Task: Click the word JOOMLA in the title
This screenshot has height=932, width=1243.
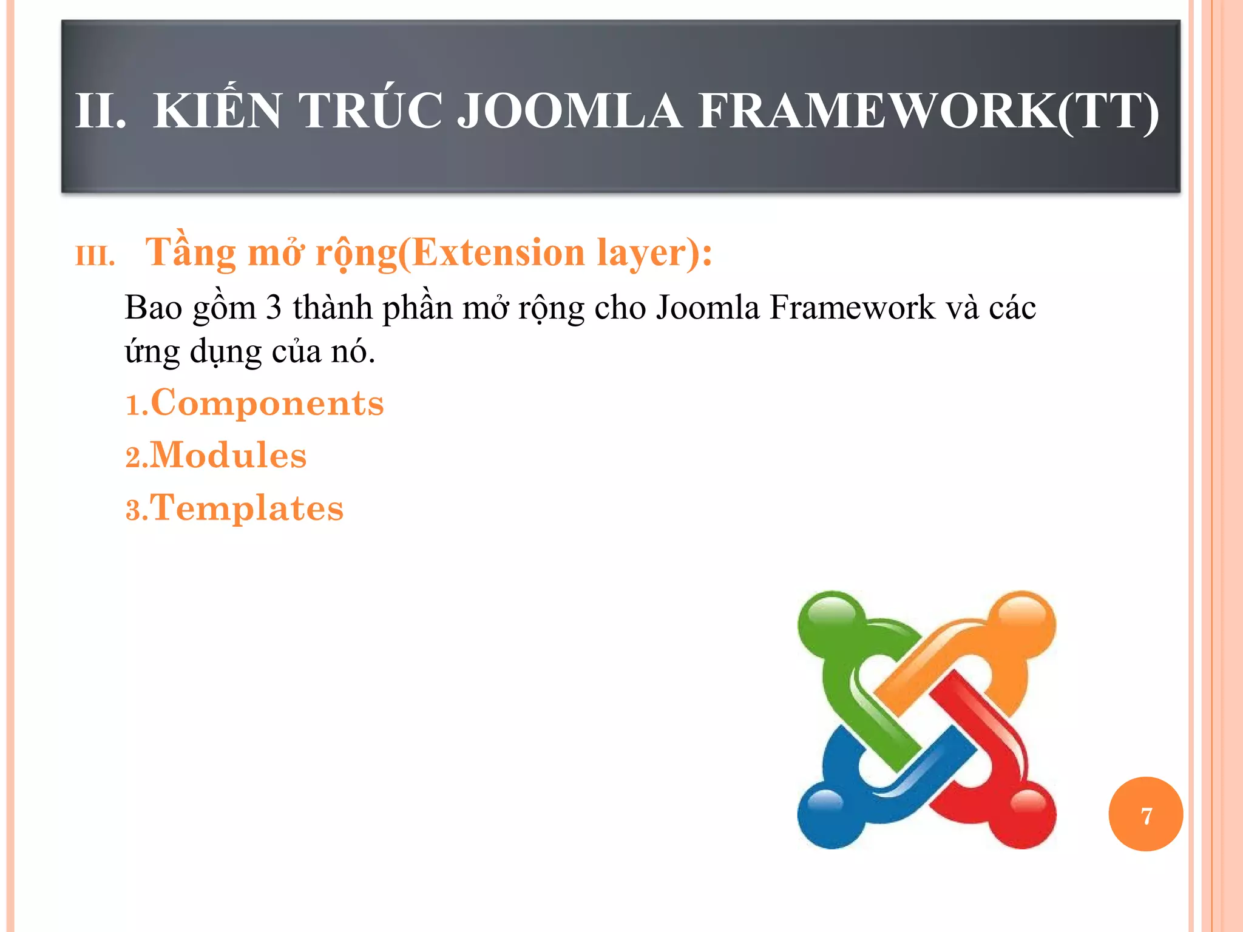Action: [569, 111]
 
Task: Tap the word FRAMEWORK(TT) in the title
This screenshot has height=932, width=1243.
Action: [929, 111]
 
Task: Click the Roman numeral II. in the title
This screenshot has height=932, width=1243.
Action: [100, 111]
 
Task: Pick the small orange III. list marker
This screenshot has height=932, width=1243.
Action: [95, 257]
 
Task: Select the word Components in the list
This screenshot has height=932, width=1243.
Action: [267, 404]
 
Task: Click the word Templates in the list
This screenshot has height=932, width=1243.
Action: [246, 508]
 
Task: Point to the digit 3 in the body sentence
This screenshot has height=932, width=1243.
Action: [274, 308]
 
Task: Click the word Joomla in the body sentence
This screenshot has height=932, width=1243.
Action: [708, 308]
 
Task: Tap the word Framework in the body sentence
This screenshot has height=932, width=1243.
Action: [852, 308]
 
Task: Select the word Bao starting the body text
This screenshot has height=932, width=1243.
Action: [154, 308]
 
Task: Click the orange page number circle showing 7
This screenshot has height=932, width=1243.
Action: [1145, 815]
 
